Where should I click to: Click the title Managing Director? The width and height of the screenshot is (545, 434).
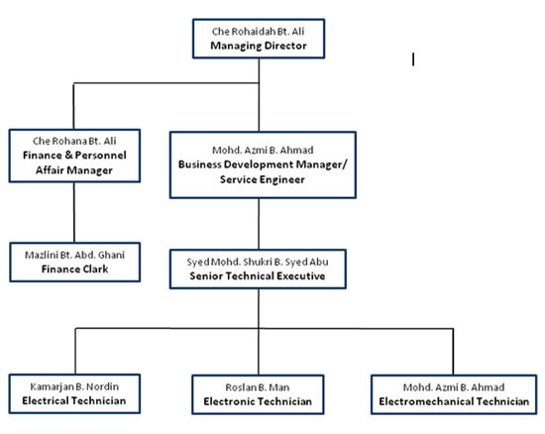pos(259,46)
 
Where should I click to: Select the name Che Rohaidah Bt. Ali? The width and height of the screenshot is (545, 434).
pos(259,32)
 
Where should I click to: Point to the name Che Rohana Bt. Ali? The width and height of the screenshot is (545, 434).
pos(74,141)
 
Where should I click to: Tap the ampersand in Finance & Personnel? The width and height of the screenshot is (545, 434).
pos(68,155)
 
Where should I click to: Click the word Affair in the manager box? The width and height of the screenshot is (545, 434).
pos(51,169)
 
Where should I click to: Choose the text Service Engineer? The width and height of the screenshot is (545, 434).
pos(263,179)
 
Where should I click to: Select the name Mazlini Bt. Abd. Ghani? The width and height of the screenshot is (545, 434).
pos(74,255)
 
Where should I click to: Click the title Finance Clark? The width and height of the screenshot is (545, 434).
pos(74,269)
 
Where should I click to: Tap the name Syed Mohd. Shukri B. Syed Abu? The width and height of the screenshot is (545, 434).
pos(258,262)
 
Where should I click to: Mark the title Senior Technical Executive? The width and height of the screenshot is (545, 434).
pos(258,275)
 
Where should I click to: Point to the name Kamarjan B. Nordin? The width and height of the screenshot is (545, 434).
pos(74,386)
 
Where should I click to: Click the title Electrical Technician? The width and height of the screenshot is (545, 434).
pos(74,400)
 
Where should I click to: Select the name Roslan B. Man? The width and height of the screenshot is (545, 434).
pos(258,387)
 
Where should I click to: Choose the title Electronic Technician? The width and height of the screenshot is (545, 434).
pos(258,401)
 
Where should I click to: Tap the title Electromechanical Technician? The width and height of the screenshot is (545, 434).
pos(454,401)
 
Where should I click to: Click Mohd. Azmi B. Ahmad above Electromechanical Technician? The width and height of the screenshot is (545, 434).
pos(454,387)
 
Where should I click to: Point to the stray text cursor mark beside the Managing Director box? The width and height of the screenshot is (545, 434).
pos(413,59)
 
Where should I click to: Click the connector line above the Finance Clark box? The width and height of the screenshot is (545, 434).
pos(74,212)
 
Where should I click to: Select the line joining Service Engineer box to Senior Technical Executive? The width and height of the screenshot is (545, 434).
pos(259,224)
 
